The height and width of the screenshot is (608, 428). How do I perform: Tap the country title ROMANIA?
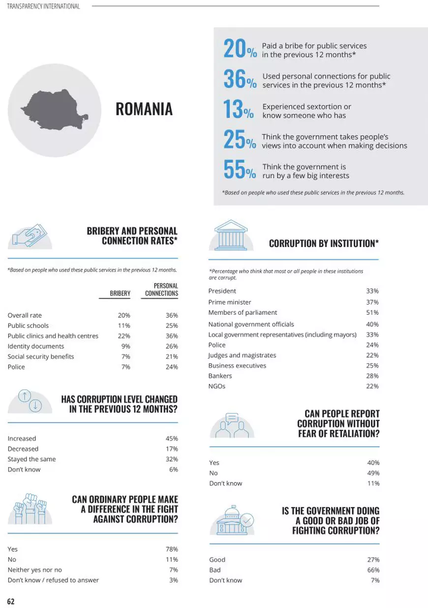[144, 109]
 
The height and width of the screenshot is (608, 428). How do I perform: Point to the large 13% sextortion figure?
[239, 110]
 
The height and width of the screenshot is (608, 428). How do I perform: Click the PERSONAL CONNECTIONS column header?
[161, 290]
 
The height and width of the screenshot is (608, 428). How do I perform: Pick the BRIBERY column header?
[120, 293]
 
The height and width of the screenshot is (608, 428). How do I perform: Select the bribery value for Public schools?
[124, 326]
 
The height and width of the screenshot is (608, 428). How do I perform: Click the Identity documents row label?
[36, 346]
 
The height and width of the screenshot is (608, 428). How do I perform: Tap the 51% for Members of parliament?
[372, 312]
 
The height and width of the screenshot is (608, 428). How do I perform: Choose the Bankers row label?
[220, 376]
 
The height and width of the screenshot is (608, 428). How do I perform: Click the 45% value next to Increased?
[172, 438]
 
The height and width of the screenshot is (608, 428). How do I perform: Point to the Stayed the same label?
[31, 459]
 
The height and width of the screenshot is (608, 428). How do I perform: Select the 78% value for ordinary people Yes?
[172, 549]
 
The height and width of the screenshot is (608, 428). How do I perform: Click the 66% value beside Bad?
[373, 570]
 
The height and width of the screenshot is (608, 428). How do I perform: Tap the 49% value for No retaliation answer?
[373, 473]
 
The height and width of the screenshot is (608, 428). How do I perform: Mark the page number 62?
[11, 601]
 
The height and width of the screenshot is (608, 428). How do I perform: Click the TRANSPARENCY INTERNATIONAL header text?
[43, 6]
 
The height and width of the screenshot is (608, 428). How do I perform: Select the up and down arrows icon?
[30, 401]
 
